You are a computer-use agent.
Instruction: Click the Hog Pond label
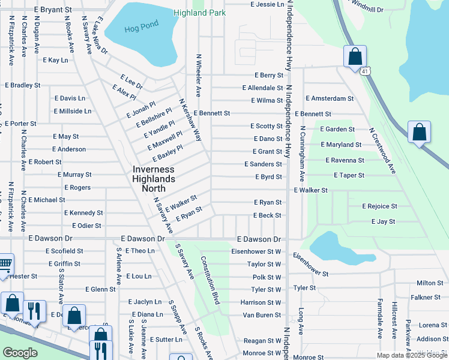137,29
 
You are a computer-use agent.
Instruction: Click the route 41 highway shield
365,71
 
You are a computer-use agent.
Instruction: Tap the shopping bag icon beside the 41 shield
355,56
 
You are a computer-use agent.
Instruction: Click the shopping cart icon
5,263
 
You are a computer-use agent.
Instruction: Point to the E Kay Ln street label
56,60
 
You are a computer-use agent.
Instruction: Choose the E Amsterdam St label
330,98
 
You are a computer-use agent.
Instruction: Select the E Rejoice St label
379,206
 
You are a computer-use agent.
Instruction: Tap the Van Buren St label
262,315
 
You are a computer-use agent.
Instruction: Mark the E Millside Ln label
73,111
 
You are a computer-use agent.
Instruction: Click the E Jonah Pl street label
141,110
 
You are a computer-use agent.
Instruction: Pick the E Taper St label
349,175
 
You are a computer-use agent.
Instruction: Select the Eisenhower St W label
256,251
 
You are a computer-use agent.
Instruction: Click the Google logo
20,353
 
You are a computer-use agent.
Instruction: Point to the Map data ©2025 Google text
411,355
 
